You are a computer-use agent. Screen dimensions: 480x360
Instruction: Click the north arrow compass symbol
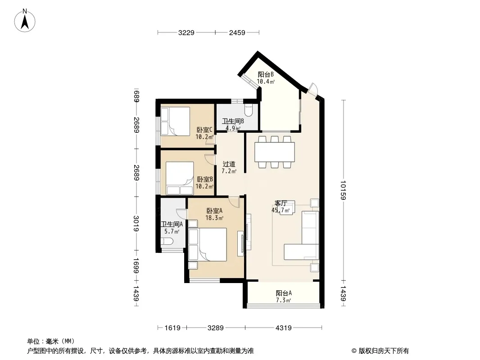click(x=25, y=21)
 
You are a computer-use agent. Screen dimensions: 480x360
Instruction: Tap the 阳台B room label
click(x=265, y=74)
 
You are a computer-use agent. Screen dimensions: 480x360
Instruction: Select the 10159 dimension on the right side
click(x=343, y=190)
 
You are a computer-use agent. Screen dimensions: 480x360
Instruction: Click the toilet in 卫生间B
click(x=248, y=110)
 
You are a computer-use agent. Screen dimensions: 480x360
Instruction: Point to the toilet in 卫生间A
click(x=168, y=242)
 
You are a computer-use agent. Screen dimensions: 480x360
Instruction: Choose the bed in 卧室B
click(x=180, y=178)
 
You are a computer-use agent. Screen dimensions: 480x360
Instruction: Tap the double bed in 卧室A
click(x=208, y=244)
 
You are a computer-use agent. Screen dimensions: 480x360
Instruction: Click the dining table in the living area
click(x=275, y=152)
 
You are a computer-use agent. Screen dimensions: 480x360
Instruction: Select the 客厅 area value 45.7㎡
click(x=281, y=210)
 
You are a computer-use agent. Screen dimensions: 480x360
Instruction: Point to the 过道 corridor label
click(x=229, y=164)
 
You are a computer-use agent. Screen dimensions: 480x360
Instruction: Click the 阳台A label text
click(x=284, y=293)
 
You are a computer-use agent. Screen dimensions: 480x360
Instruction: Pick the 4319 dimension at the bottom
click(x=284, y=328)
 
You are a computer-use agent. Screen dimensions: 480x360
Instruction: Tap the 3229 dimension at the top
click(x=186, y=32)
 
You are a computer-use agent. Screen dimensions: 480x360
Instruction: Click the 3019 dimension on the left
click(x=136, y=224)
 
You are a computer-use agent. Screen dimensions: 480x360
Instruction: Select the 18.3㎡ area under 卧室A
click(x=214, y=218)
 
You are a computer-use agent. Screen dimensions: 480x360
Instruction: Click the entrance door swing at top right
click(x=313, y=89)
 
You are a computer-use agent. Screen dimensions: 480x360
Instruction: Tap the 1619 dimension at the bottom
click(x=172, y=328)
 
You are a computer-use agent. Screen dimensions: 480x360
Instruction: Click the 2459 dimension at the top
click(x=237, y=32)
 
